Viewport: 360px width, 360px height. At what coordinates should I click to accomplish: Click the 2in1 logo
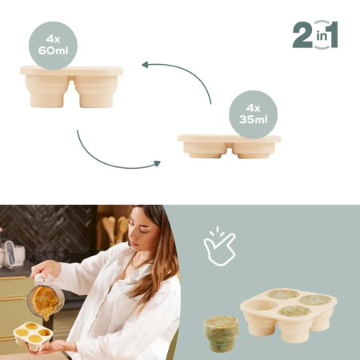[314, 36]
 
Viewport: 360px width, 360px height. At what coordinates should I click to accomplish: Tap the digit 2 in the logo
[302, 36]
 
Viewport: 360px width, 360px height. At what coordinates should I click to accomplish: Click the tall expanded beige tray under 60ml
[71, 86]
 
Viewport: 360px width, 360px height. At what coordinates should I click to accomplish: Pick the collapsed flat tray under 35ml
[229, 146]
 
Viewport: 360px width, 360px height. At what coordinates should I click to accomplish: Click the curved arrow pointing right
[112, 156]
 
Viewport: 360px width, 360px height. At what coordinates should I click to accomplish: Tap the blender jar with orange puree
[46, 299]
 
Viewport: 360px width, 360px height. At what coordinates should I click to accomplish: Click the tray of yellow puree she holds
[32, 335]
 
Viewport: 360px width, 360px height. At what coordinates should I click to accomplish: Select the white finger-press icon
[219, 245]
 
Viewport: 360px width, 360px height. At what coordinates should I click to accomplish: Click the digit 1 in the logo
[330, 36]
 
